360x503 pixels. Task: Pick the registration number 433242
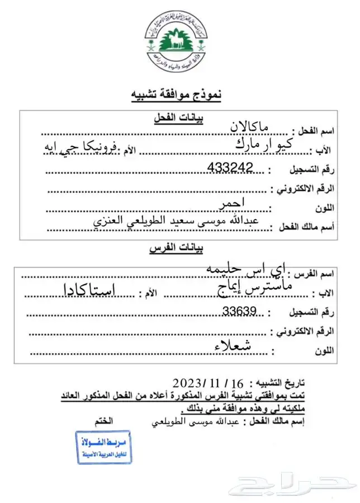pyautogui.click(x=230, y=167)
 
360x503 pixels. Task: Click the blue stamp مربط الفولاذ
pyautogui.click(x=104, y=447)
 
